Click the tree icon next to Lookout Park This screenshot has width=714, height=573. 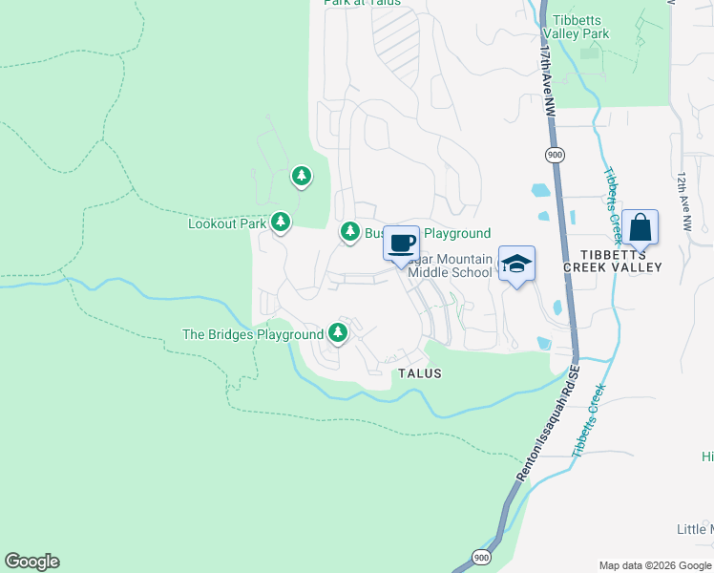pyautogui.click(x=280, y=223)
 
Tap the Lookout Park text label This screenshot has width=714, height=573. pyautogui.click(x=226, y=223)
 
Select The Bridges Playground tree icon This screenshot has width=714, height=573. pyautogui.click(x=337, y=333)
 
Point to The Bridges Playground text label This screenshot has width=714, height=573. pyautogui.click(x=253, y=334)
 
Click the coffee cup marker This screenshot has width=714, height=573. pyautogui.click(x=401, y=243)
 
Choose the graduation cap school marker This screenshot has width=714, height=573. pyautogui.click(x=516, y=264)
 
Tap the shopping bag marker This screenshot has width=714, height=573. pyautogui.click(x=640, y=227)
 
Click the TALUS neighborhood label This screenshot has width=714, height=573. pyautogui.click(x=420, y=373)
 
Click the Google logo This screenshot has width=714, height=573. pyautogui.click(x=31, y=562)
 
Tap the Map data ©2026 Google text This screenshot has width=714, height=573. pyautogui.click(x=654, y=564)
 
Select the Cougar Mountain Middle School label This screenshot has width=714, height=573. pyautogui.click(x=450, y=265)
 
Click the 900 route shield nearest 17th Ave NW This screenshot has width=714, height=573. pyautogui.click(x=554, y=155)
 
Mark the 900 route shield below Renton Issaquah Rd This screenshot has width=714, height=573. pyautogui.click(x=479, y=557)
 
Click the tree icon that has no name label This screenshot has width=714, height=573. pyautogui.click(x=302, y=176)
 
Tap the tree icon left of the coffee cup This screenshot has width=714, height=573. pyautogui.click(x=350, y=232)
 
